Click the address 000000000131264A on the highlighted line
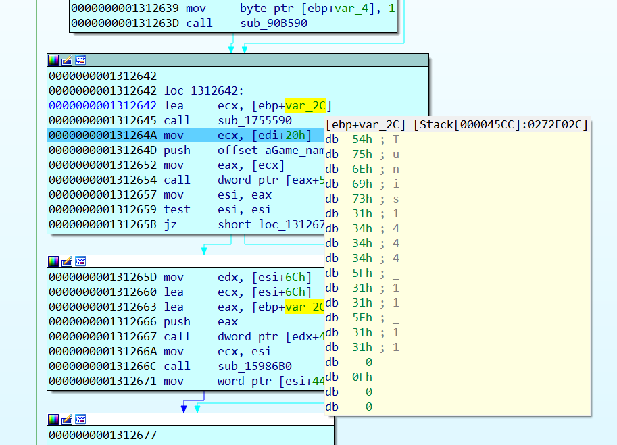pyautogui.click(x=102, y=135)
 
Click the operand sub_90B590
pyautogui.click(x=274, y=23)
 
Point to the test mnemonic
pyautogui.click(x=176, y=209)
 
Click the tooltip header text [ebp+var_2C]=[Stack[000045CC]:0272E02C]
pyautogui.click(x=458, y=124)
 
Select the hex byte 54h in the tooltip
pyautogui.click(x=362, y=139)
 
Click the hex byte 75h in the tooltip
pyautogui.click(x=362, y=154)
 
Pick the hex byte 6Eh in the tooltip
pyautogui.click(x=362, y=169)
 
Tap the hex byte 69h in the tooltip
pyautogui.click(x=362, y=184)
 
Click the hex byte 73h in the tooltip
pyautogui.click(x=362, y=199)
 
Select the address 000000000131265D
pyautogui.click(x=102, y=277)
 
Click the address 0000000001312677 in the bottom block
pyautogui.click(x=102, y=435)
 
